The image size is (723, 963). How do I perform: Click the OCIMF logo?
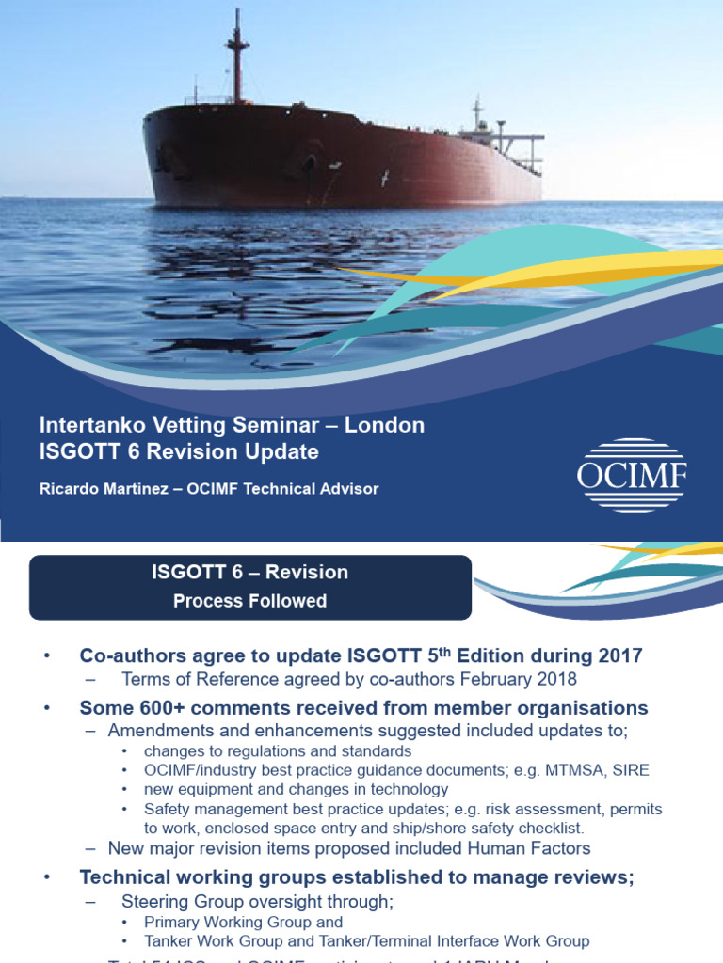click(x=632, y=475)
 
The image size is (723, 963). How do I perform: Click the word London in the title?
click(x=384, y=425)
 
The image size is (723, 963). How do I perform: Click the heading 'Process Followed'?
click(x=249, y=601)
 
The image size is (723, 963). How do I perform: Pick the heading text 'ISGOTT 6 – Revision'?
click(x=249, y=572)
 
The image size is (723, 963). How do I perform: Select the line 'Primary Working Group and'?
click(x=243, y=923)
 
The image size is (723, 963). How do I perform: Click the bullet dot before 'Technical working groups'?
click(x=46, y=878)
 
